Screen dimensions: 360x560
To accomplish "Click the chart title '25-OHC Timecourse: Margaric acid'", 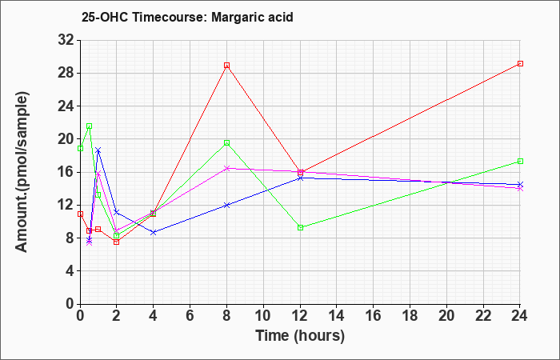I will tap(187, 16).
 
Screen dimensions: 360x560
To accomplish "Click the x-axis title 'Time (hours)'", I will tap(300, 336).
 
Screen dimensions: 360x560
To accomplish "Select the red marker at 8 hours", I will tap(227, 66).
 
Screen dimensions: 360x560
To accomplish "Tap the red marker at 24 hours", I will tap(520, 63).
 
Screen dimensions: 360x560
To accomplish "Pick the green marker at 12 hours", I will tap(300, 227).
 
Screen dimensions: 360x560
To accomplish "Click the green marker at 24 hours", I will tap(520, 162).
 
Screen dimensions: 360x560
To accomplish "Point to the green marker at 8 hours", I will tap(227, 143).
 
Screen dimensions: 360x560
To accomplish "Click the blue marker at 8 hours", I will tap(227, 205).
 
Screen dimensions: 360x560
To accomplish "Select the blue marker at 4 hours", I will tap(154, 232).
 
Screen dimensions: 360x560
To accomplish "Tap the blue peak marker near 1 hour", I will tap(98, 150).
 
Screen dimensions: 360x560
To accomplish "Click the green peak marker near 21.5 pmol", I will tap(89, 126).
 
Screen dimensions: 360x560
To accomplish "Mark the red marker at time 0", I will tap(80, 214).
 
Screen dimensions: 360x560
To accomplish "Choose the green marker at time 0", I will tap(80, 148).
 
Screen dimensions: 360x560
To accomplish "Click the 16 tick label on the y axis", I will tap(65, 172).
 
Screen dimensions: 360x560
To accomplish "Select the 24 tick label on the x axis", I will tap(520, 316).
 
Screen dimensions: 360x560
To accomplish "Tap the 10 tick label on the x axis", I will tap(263, 316).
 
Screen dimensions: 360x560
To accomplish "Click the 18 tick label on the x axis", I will tap(410, 316).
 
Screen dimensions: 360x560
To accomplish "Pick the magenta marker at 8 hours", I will tap(227, 168).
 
